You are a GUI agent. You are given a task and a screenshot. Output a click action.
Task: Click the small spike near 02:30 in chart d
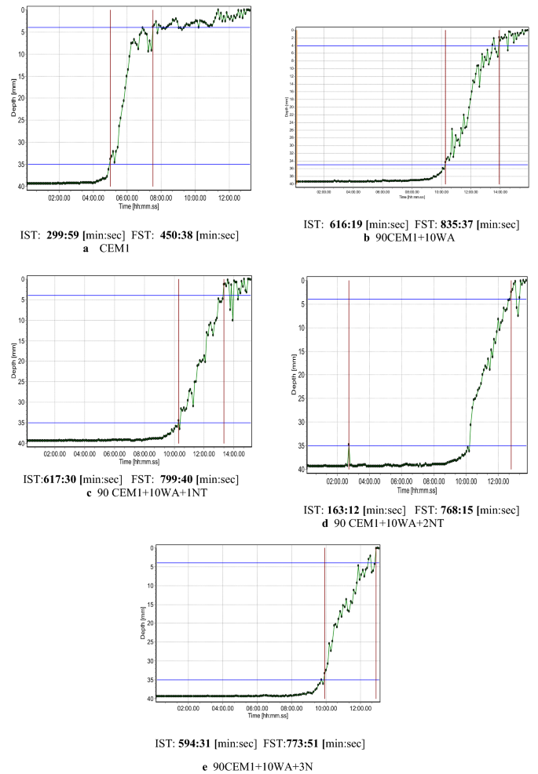tap(349, 445)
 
